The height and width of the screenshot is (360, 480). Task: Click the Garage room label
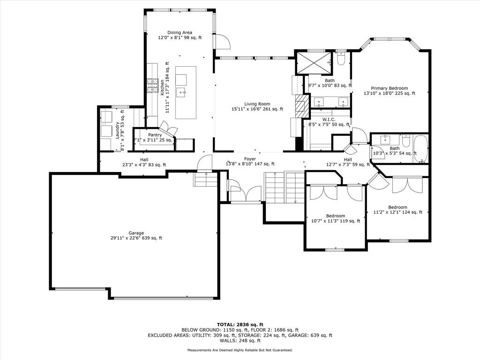pyautogui.click(x=136, y=233)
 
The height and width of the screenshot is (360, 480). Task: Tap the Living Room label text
pyautogui.click(x=257, y=104)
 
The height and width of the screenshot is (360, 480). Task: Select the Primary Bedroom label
pyautogui.click(x=390, y=88)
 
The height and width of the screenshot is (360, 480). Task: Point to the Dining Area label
pyautogui.click(x=180, y=32)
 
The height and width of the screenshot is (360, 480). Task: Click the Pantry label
pyautogui.click(x=155, y=135)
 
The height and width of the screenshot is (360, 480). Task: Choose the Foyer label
pyautogui.click(x=250, y=159)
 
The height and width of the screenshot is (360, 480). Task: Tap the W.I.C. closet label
pyautogui.click(x=329, y=120)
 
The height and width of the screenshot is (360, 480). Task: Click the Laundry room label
pyautogui.click(x=117, y=130)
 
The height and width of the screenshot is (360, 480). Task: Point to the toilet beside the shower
pyautogui.click(x=341, y=59)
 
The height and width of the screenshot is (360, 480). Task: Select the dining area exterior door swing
pyautogui.click(x=223, y=41)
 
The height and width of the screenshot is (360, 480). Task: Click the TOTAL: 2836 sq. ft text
pyautogui.click(x=240, y=324)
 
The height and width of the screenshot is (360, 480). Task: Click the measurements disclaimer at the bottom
pyautogui.click(x=240, y=350)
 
